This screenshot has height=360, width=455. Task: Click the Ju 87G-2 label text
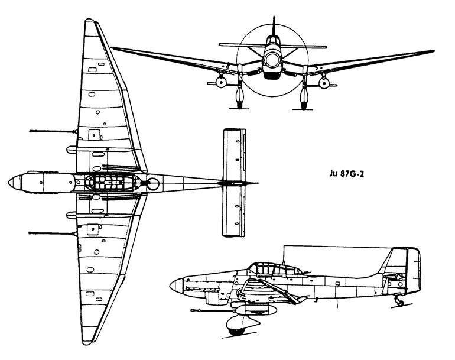coord(347,174)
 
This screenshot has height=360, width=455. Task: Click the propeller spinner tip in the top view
coord(8,183)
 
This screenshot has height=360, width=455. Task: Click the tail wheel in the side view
coord(401,303)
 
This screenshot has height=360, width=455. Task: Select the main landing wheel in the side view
coord(236,332)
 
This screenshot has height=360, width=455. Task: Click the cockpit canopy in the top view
coord(112,183)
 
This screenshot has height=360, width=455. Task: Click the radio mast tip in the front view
coord(274,17)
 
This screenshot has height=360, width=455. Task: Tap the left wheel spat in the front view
coord(240,95)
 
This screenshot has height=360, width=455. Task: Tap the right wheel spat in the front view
coord(304,95)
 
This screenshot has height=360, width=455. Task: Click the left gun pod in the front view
coord(221,83)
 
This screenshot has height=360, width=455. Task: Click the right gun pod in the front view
coord(324,83)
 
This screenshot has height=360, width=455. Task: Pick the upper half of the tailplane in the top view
coord(235,154)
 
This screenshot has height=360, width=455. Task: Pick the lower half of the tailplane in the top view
coord(235,211)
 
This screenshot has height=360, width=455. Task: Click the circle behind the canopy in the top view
coord(153,183)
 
